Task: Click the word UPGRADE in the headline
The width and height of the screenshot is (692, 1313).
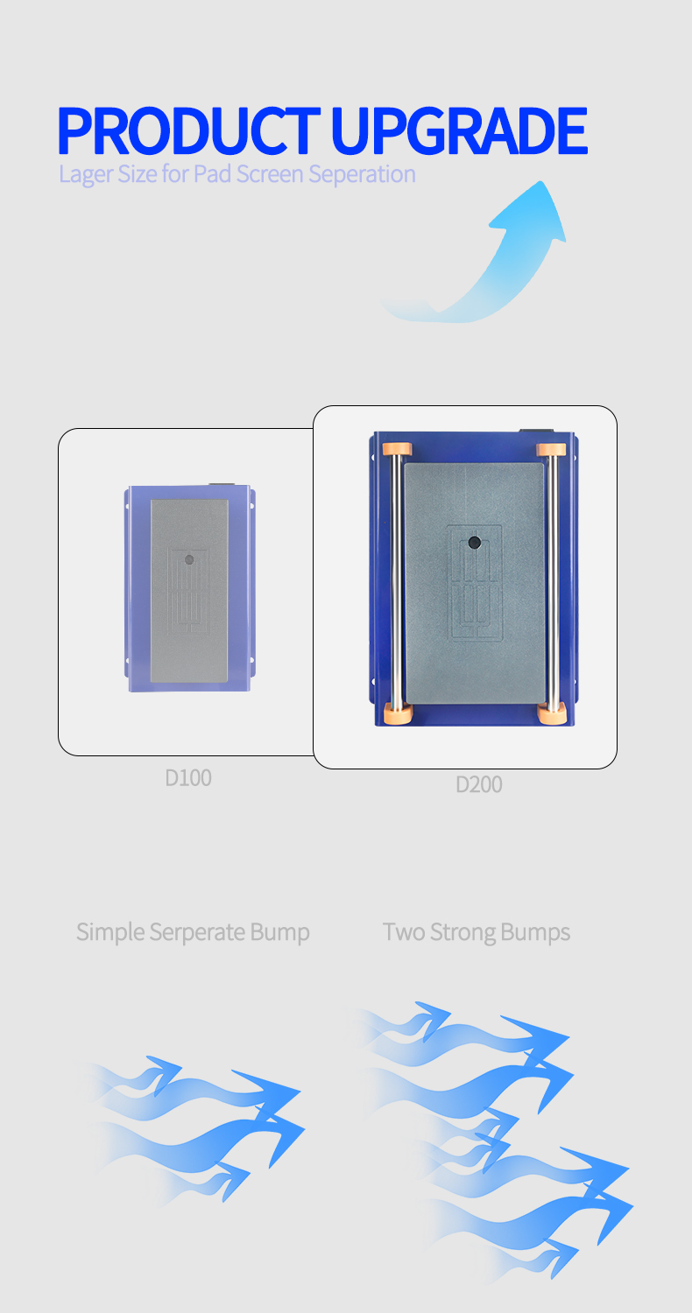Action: click(x=459, y=130)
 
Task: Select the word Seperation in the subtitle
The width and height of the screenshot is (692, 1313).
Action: click(x=362, y=175)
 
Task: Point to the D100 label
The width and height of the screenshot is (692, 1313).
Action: click(x=188, y=778)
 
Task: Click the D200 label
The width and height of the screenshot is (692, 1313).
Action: click(x=478, y=784)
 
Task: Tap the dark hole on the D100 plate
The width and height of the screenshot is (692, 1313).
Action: click(x=189, y=560)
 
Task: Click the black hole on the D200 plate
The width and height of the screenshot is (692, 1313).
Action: click(x=475, y=542)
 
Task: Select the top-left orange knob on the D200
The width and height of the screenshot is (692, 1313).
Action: click(x=397, y=450)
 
